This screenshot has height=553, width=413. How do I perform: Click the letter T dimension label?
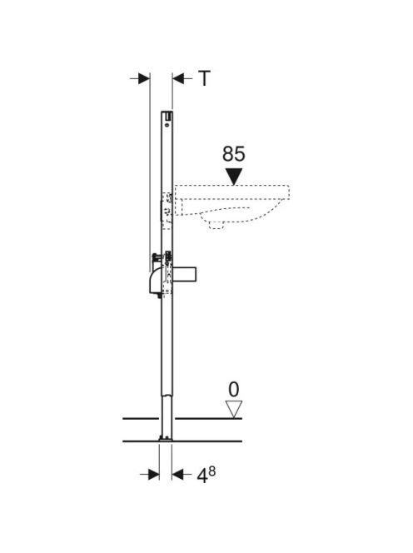click(204, 78)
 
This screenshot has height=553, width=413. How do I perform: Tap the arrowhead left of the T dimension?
click(144, 78)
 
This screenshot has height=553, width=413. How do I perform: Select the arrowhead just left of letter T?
click(178, 78)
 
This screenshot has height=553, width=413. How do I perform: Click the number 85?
click(233, 154)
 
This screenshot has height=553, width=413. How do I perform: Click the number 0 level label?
click(233, 390)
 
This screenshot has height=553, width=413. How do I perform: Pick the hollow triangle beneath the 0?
click(233, 409)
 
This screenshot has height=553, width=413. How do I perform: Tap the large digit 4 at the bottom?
click(202, 476)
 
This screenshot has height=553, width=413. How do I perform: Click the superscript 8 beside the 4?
click(211, 471)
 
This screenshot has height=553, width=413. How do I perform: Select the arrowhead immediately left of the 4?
click(178, 475)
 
